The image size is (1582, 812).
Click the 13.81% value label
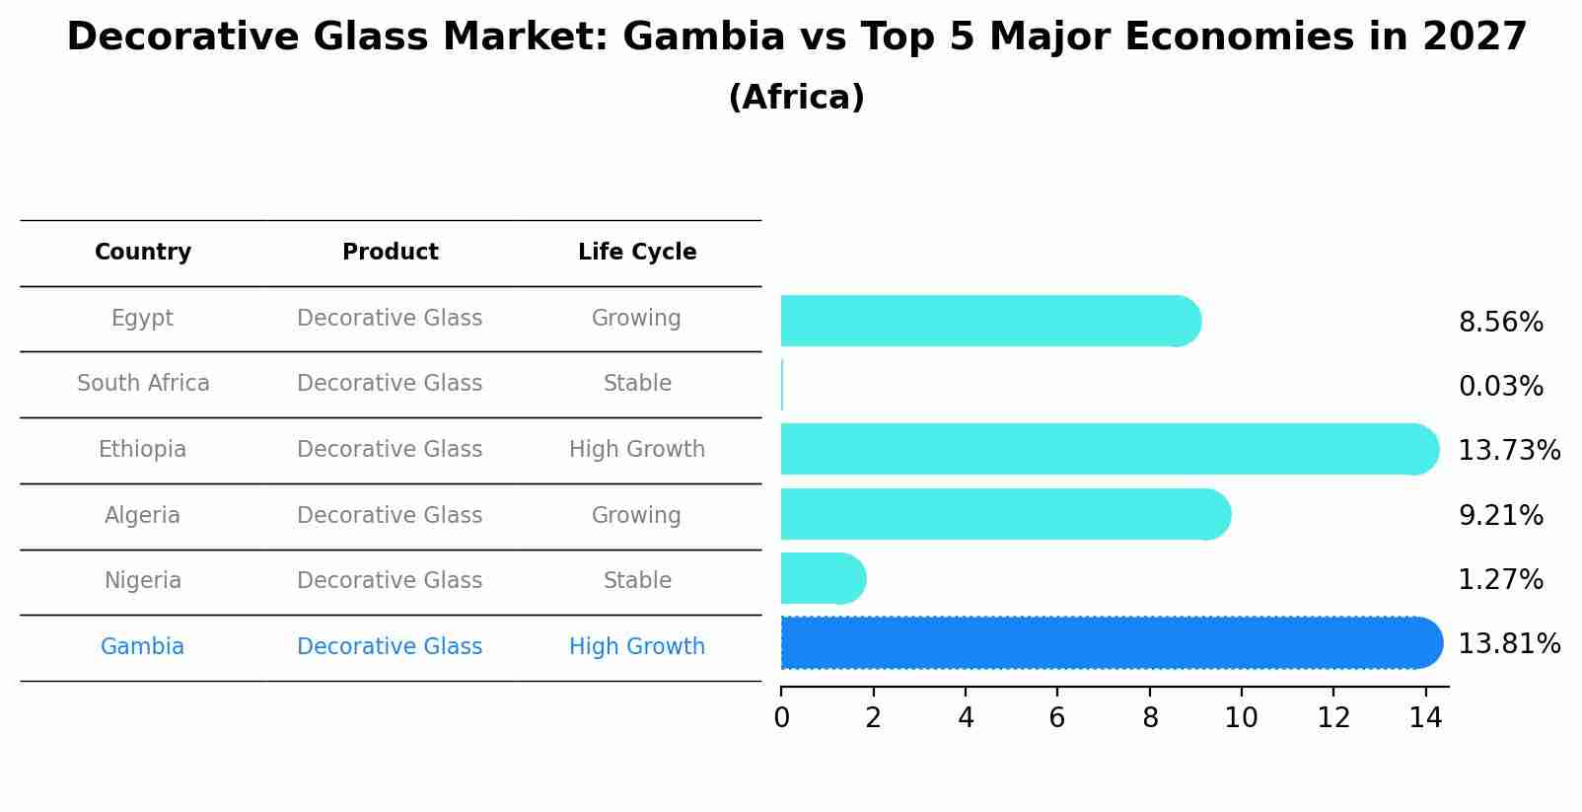tap(1508, 644)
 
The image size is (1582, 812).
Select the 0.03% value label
tap(1500, 387)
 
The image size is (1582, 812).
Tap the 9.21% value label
tap(1500, 515)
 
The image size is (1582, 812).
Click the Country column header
tap(143, 253)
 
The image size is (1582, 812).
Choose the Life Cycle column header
tap(637, 253)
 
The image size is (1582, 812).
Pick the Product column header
tap(390, 253)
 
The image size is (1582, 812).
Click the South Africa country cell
tap(143, 384)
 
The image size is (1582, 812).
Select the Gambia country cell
tap(142, 647)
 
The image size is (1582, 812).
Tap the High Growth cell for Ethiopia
tap(637, 450)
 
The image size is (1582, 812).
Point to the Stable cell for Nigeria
tap(637, 581)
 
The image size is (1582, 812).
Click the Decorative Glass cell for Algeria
tap(390, 515)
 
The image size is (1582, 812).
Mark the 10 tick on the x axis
tap(1241, 718)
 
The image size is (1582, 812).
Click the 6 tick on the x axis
tap(1057, 718)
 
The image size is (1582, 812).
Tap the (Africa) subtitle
tap(796, 98)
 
